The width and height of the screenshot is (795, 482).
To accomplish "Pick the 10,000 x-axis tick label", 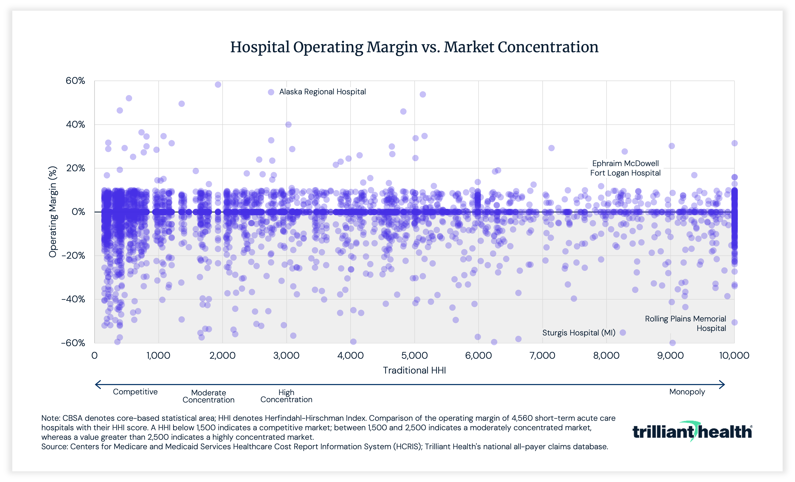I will (734, 356).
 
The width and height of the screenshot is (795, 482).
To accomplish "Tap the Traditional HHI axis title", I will (414, 371).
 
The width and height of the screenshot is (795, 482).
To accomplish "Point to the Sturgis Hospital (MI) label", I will (578, 333).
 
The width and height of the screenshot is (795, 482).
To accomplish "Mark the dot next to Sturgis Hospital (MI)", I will (623, 332).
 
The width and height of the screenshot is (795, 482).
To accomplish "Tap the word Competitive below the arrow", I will (135, 392).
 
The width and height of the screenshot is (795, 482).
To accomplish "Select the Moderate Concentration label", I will (208, 396).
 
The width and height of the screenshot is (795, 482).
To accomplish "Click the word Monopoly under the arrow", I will (687, 392).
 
